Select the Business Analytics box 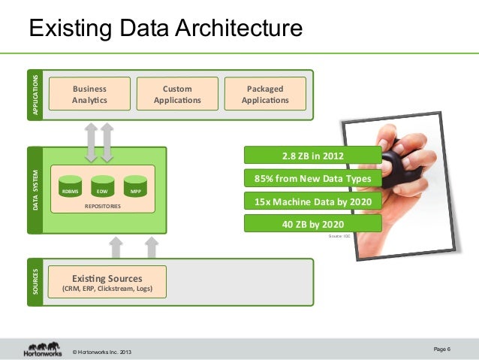click(89, 94)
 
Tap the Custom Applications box click(177, 94)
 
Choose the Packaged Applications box click(265, 94)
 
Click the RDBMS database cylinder click(71, 186)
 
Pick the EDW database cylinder click(102, 186)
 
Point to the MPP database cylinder click(134, 186)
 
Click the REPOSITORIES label click(102, 204)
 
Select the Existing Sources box click(106, 282)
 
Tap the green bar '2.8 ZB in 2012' click(313, 156)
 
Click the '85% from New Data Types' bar click(313, 179)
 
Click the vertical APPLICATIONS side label click(35, 95)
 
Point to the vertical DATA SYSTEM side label click(35, 189)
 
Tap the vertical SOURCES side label click(35, 282)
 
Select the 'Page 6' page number click(442, 348)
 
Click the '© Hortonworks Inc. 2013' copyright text click(104, 352)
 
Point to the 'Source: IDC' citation click(341, 236)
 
